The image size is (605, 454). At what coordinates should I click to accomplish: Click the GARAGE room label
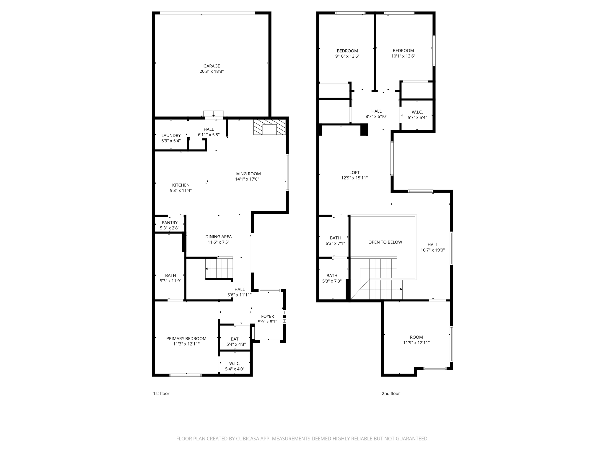[x=212, y=66]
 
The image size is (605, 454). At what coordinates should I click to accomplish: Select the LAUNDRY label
[x=171, y=136]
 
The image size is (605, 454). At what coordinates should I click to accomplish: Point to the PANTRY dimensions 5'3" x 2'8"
[x=170, y=228]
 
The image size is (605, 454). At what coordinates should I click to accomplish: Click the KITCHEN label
[x=181, y=185]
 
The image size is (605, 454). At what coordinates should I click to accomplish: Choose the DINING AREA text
[x=218, y=237]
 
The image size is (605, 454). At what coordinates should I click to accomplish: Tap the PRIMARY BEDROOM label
[x=186, y=339]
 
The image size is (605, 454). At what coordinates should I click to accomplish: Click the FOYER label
[x=267, y=317]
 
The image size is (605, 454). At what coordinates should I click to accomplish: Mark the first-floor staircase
[x=219, y=268]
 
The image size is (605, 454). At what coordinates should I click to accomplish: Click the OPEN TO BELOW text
[x=385, y=242]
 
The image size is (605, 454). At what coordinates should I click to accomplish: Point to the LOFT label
[x=354, y=173]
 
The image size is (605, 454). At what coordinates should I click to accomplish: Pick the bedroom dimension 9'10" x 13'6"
[x=347, y=56]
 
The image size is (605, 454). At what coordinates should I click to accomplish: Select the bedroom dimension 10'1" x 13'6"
[x=403, y=56]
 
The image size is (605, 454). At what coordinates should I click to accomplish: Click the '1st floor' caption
[x=161, y=393]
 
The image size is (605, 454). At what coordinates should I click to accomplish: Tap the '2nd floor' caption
[x=391, y=393]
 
